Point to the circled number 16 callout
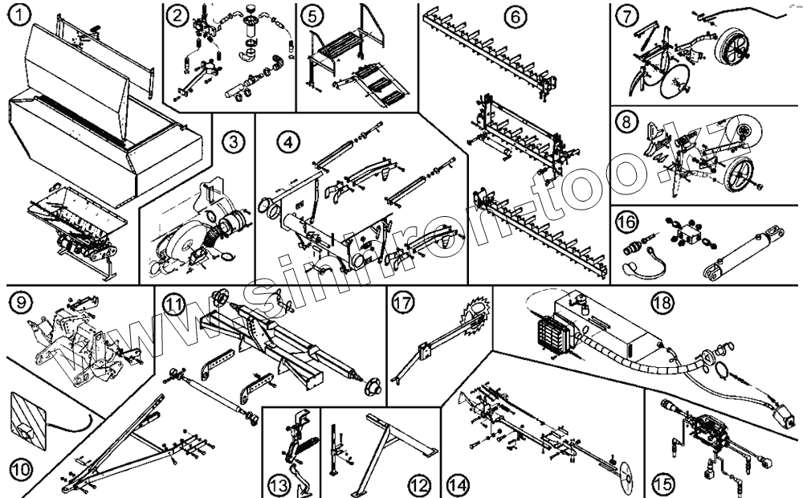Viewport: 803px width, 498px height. tap(629, 220)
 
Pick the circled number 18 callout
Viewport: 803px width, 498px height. tap(663, 303)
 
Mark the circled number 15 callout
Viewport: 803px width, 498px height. tap(662, 484)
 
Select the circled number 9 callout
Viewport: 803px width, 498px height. tap(20, 303)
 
